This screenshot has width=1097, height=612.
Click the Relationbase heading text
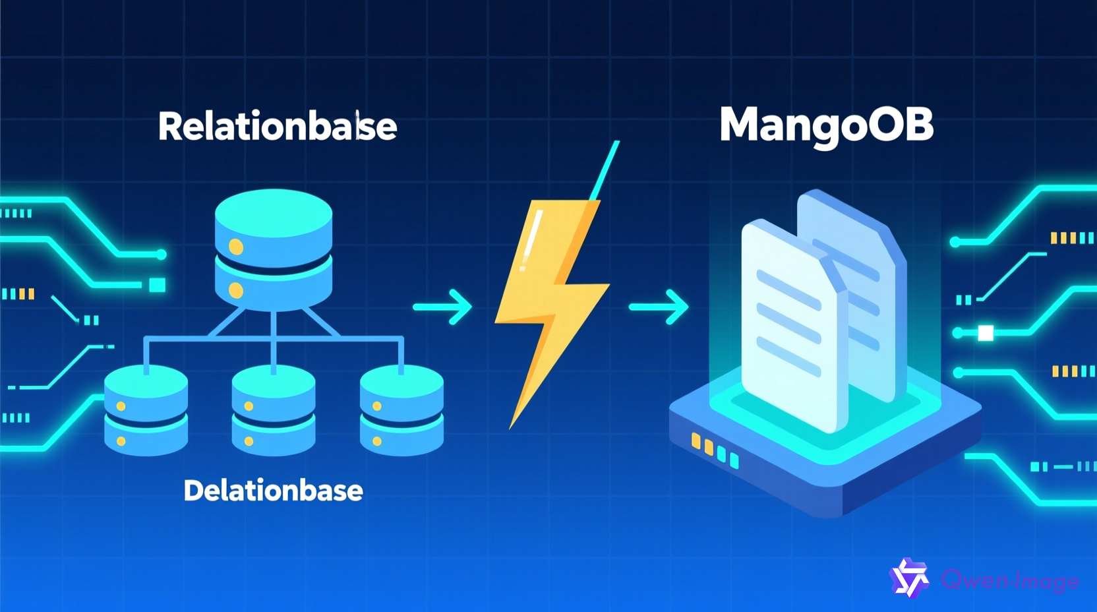pos(277,126)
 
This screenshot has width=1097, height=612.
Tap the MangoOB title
pos(826,125)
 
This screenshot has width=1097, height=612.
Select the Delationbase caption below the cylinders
pos(273,491)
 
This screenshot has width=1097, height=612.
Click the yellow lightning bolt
pos(550,303)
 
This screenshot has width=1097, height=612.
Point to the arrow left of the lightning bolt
pos(443,307)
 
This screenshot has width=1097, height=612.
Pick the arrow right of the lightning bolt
pos(659,307)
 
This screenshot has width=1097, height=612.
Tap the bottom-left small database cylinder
pos(146,410)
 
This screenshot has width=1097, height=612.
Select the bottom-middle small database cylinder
pos(273,410)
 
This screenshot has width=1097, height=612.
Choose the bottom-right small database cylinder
pos(401,410)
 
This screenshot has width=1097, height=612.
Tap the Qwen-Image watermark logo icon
pos(910,578)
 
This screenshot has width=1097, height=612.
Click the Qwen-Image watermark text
pos(1010,580)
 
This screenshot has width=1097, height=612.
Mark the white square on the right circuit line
pos(986,333)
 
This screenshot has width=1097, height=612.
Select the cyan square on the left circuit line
pos(157,285)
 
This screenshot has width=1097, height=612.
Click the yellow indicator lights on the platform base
pos(702,444)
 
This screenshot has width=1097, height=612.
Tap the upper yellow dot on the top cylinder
pos(236,247)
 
